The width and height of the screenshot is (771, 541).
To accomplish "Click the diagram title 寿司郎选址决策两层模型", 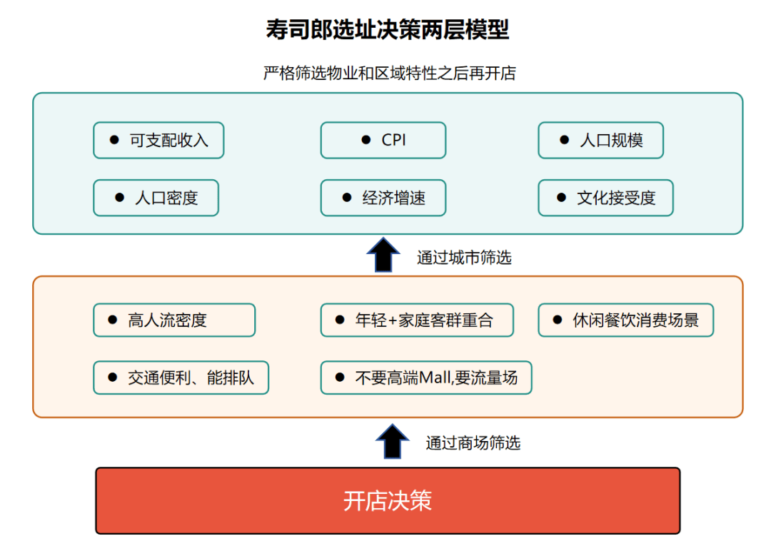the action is pos(388,29).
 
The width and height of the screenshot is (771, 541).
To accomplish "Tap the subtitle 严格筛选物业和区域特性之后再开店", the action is pos(390,74).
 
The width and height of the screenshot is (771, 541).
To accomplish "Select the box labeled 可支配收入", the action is pos(158,141).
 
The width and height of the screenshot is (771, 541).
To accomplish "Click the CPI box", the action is pos(383,141).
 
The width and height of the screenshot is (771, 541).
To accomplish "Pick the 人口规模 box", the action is pos(601,141).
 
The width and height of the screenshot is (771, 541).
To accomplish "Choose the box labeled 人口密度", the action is pos(156,198).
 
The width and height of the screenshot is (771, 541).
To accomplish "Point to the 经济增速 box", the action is pos(383,198).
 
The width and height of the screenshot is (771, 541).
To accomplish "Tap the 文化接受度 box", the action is pos(606,198).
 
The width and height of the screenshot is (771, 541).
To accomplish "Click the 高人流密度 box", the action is pos(174,320).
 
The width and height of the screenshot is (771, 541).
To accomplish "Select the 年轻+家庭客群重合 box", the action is pos(417,320).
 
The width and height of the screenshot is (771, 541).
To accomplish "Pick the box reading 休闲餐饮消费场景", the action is pos(626,320).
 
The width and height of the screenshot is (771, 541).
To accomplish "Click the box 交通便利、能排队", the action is pos(181,378).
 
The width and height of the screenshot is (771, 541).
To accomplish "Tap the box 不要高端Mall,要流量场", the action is pos(426,378).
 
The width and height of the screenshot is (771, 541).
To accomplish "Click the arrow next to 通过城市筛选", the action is pos(383,255).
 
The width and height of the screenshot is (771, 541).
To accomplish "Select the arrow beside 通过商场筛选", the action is pos(392,441).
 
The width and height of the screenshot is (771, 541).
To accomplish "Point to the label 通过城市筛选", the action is pos(464,258).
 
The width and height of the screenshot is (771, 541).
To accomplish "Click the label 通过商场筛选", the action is pos(473,443).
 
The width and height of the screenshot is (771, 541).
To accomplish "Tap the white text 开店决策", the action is pos(388,501).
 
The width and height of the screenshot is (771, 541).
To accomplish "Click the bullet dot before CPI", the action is pos(366,140).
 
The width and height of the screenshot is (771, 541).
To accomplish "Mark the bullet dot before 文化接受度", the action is pos(561,198).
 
